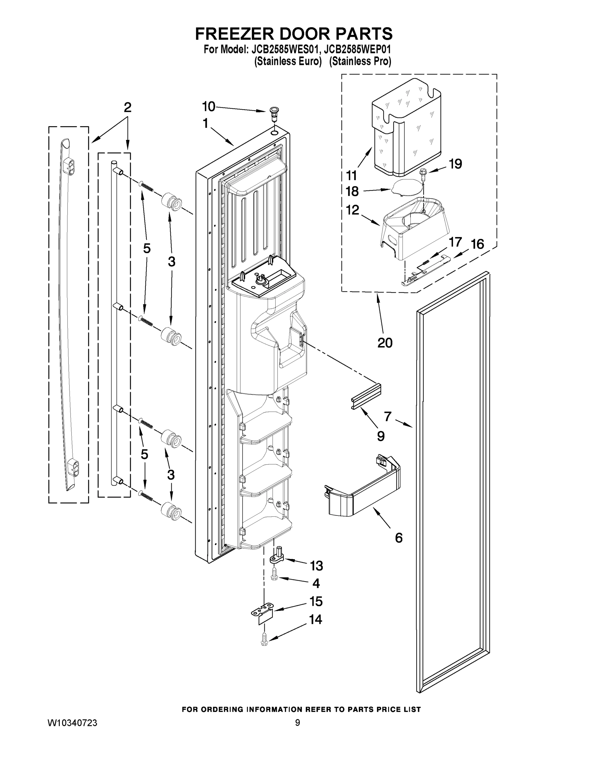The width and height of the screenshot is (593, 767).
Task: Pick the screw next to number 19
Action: [x=424, y=173]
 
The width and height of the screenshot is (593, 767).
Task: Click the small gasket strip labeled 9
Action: [x=365, y=396]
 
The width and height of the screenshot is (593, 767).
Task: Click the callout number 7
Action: [x=387, y=416]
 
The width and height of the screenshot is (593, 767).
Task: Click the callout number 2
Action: [x=127, y=107]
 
